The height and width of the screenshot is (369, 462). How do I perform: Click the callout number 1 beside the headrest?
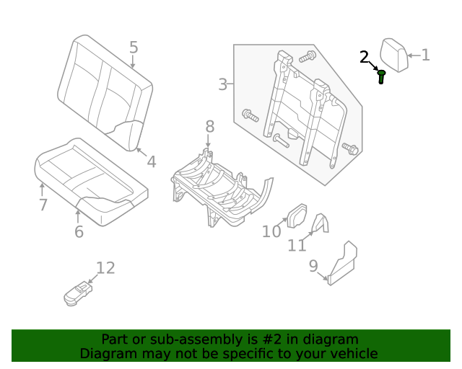(425, 55)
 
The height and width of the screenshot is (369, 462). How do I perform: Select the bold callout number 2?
(365, 57)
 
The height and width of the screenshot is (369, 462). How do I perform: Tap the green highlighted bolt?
(381, 76)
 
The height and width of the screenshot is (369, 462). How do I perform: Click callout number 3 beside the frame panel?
(223, 84)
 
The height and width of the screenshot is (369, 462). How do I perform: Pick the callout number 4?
(151, 161)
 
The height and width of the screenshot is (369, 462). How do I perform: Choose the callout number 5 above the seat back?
(134, 48)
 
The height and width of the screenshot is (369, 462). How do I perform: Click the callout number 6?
(79, 231)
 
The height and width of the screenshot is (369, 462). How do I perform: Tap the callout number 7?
(43, 205)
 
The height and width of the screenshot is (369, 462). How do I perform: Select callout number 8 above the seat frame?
(209, 127)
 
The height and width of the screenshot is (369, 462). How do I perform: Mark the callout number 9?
(313, 266)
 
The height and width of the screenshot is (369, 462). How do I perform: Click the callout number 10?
(271, 231)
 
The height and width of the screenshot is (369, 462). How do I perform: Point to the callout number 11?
(297, 246)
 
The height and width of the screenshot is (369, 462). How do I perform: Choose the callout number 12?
(105, 268)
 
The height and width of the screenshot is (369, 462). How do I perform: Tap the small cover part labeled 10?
(297, 214)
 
